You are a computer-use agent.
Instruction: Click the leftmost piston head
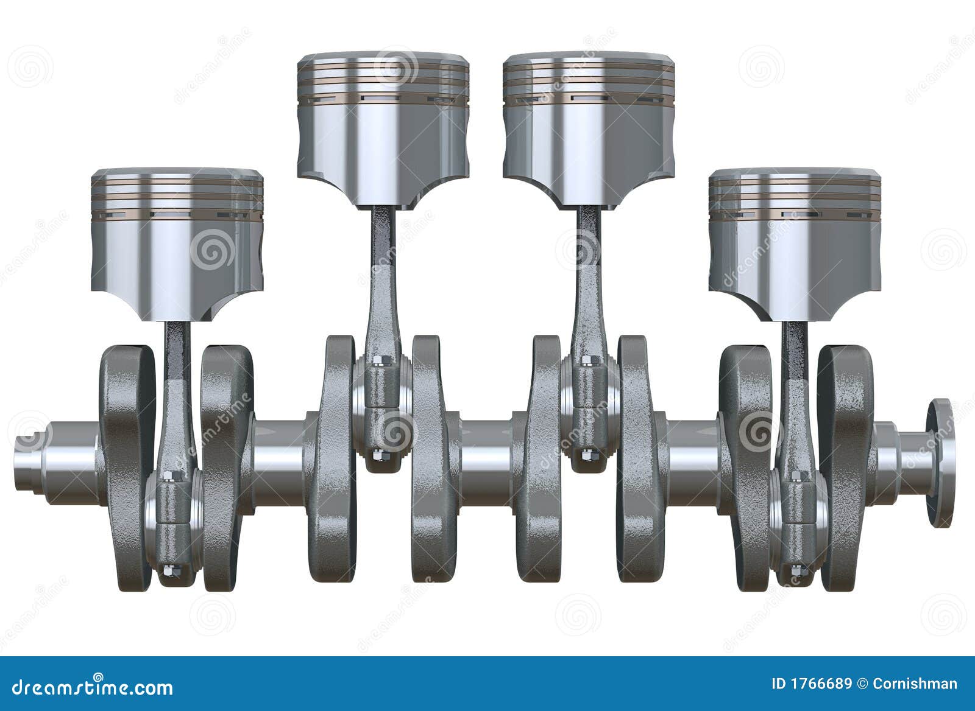point(177,243)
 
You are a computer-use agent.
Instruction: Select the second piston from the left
point(383,128)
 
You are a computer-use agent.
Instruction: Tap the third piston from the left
point(589,128)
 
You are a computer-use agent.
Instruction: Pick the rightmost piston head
point(795,243)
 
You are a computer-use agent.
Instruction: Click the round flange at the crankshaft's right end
point(941,463)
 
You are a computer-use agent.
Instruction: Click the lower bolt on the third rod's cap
point(586,454)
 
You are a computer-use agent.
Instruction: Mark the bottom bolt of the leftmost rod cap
point(169,571)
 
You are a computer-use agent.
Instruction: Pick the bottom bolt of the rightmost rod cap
point(795,571)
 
